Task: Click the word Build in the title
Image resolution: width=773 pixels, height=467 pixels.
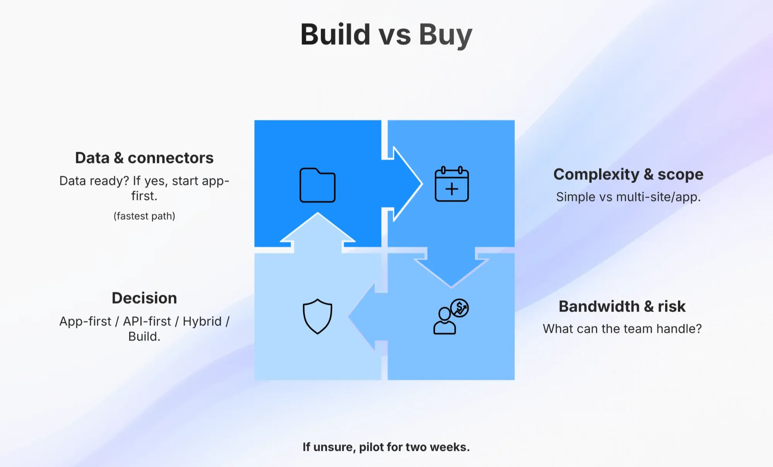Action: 335,34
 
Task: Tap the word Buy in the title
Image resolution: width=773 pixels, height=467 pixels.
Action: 446,36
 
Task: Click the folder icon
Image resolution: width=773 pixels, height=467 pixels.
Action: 317,185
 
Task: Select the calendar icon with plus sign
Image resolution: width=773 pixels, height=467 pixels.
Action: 451,184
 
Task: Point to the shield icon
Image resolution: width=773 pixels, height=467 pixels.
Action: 317,316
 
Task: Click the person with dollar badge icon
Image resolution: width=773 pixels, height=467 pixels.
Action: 451,316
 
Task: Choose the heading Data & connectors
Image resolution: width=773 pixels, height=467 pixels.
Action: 144,158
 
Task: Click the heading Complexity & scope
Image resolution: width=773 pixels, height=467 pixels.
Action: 628,174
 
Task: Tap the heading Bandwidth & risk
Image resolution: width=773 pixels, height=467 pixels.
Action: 622,306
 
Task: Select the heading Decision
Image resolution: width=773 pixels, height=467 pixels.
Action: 144,298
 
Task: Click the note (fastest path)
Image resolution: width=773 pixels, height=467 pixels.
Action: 144,216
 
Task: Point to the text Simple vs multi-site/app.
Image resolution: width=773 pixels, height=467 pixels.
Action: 628,197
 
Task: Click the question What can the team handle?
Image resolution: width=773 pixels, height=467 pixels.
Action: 622,329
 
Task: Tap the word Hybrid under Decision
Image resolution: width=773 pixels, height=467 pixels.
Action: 202,321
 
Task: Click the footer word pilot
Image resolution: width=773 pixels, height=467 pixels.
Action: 371,447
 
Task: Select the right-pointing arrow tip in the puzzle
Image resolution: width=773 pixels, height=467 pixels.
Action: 422,184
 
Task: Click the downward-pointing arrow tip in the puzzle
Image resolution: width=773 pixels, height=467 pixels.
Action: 451,288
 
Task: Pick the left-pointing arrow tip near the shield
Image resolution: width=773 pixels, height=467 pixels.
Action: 349,316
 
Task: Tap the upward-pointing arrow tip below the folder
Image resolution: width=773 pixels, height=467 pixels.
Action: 318,213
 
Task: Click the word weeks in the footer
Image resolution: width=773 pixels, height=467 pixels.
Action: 449,447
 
